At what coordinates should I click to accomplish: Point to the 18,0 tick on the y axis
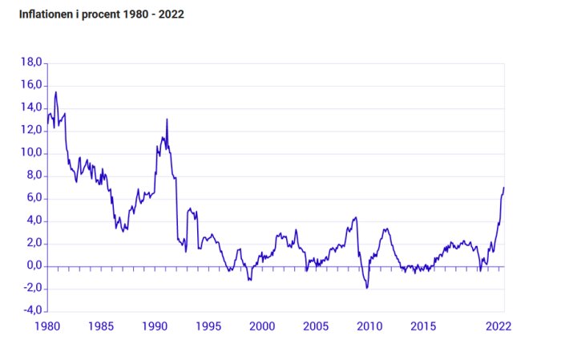coord(31,63)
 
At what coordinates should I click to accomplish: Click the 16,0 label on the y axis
coord(31,85)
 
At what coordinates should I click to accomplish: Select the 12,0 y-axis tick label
coord(31,131)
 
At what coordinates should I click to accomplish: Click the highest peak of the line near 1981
coord(55,91)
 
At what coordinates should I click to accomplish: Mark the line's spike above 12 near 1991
coord(167,119)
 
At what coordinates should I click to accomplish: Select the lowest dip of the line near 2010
coord(367,288)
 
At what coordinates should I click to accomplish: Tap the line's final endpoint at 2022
coord(504,187)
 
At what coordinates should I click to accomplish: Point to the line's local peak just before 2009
coord(355,217)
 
